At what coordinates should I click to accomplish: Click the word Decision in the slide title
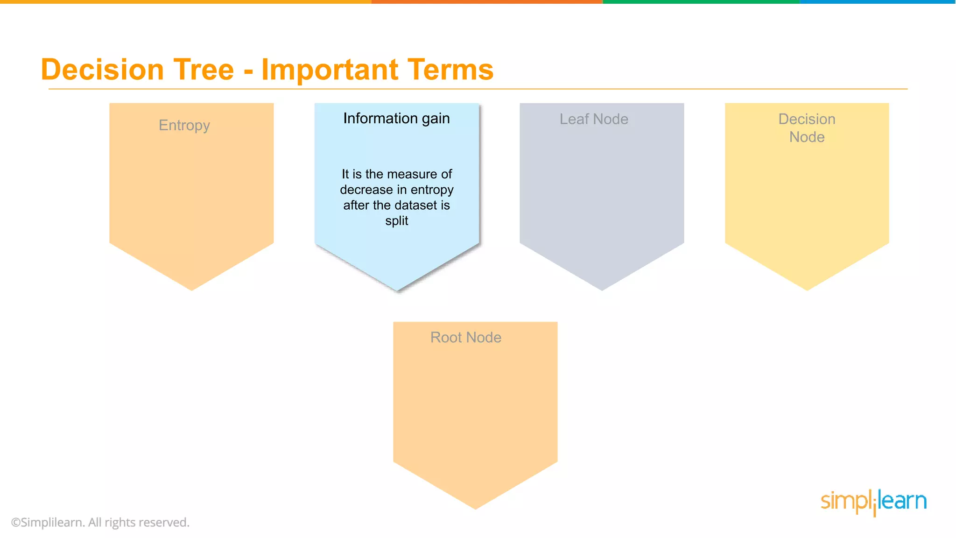coord(102,70)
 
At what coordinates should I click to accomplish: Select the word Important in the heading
coord(329,70)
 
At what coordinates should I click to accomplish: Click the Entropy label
coord(184,125)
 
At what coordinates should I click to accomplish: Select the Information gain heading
coord(396,119)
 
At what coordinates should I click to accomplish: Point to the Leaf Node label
coord(594,119)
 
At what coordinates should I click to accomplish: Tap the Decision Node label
coord(807,128)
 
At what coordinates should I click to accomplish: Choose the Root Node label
coord(466,337)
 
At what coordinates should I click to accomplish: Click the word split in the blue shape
coord(396,220)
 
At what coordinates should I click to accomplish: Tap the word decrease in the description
coord(366,190)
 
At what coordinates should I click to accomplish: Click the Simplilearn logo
coord(873,502)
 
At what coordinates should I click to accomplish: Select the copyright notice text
coord(100,522)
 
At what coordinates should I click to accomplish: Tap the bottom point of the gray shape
coord(602,288)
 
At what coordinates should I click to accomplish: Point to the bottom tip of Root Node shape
coord(475,507)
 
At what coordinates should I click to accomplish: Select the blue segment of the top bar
coord(878,2)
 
